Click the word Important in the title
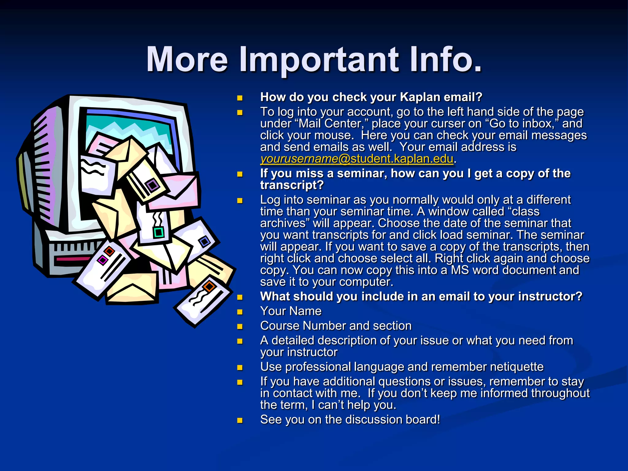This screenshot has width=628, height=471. (x=319, y=60)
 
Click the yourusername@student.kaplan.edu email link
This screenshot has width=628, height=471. (x=357, y=159)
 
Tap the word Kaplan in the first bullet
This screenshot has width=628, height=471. (x=420, y=97)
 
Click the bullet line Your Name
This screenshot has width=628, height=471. (x=291, y=311)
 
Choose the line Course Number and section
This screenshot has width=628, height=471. (x=336, y=326)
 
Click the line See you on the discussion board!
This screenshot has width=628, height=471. (x=350, y=420)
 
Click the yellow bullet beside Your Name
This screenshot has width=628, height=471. (x=240, y=312)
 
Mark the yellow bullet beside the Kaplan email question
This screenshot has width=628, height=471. (x=240, y=98)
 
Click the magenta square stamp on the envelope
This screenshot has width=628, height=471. (x=102, y=260)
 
